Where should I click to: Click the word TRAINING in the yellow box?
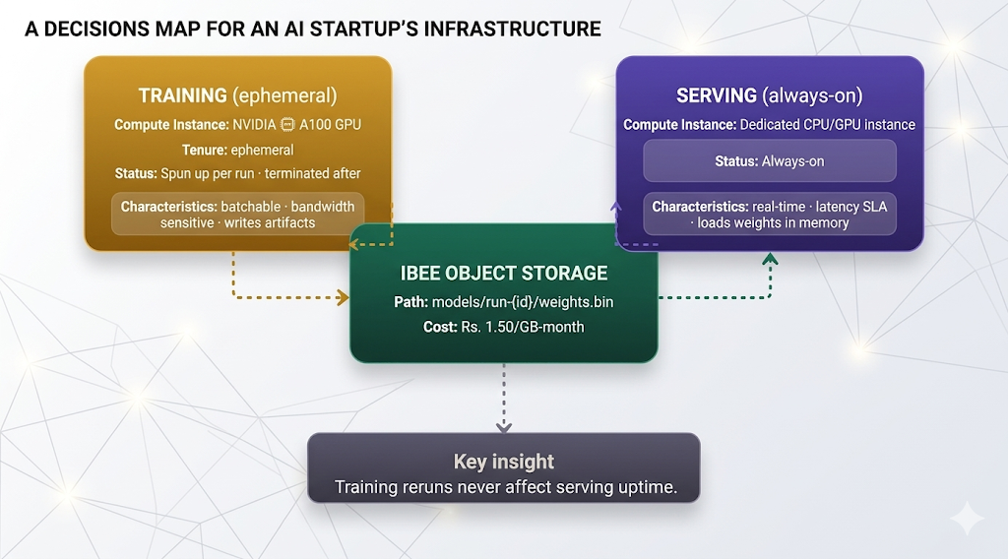click(183, 95)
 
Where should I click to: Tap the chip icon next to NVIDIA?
click(288, 125)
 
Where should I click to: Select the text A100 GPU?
click(331, 125)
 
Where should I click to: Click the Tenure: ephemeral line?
click(237, 150)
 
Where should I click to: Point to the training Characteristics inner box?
click(237, 214)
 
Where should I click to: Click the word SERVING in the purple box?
click(715, 95)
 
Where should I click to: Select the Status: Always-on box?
click(769, 160)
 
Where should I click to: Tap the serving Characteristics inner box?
click(769, 215)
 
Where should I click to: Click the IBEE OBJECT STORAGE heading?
click(503, 273)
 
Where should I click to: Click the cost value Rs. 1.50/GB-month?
click(522, 326)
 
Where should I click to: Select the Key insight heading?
click(503, 462)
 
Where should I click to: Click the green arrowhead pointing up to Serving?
click(770, 260)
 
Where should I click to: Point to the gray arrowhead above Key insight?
click(504, 426)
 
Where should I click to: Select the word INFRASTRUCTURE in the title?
click(511, 29)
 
